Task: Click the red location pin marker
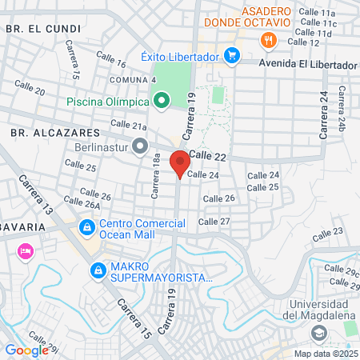(x=180, y=162)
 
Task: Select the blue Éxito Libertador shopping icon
(x=233, y=55)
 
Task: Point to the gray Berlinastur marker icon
(x=141, y=146)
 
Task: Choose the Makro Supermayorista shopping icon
(x=98, y=270)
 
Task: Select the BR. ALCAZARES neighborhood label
(x=44, y=130)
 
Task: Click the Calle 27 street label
(x=214, y=222)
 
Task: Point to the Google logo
(x=27, y=350)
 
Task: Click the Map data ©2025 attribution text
(x=326, y=354)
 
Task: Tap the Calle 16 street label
(x=111, y=58)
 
